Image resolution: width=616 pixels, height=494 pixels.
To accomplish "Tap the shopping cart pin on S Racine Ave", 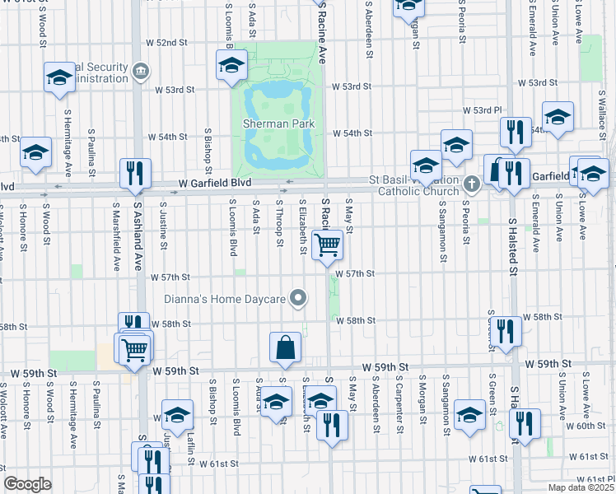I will coord(328,245).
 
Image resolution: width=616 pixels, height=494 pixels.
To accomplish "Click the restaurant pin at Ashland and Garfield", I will coord(135,174).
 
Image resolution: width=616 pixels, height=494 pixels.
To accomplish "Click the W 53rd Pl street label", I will coord(482,110).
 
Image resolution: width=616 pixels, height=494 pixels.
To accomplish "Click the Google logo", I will coord(27,484).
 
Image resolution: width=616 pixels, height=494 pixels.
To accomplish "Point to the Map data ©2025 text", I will coord(580,487).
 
